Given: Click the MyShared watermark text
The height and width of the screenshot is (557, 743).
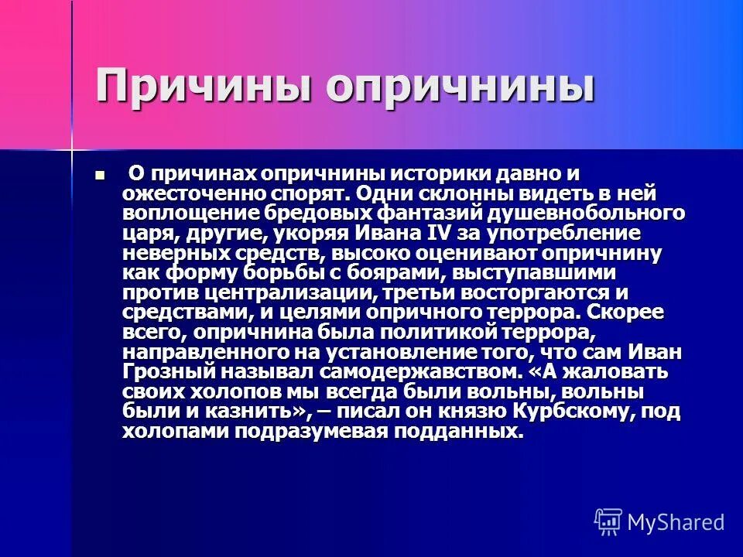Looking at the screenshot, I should pyautogui.click(x=676, y=522).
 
